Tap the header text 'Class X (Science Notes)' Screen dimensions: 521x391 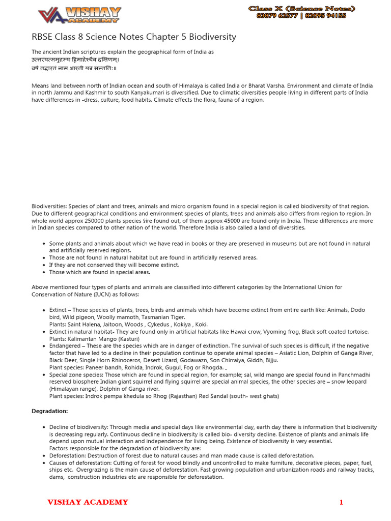tap(301, 9)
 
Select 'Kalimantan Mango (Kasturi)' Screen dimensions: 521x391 tap(102, 338)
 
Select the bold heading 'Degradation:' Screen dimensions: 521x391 tap(49, 411)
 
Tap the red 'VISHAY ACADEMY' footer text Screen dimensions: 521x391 tap(88, 502)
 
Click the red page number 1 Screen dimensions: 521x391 tap(341, 503)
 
